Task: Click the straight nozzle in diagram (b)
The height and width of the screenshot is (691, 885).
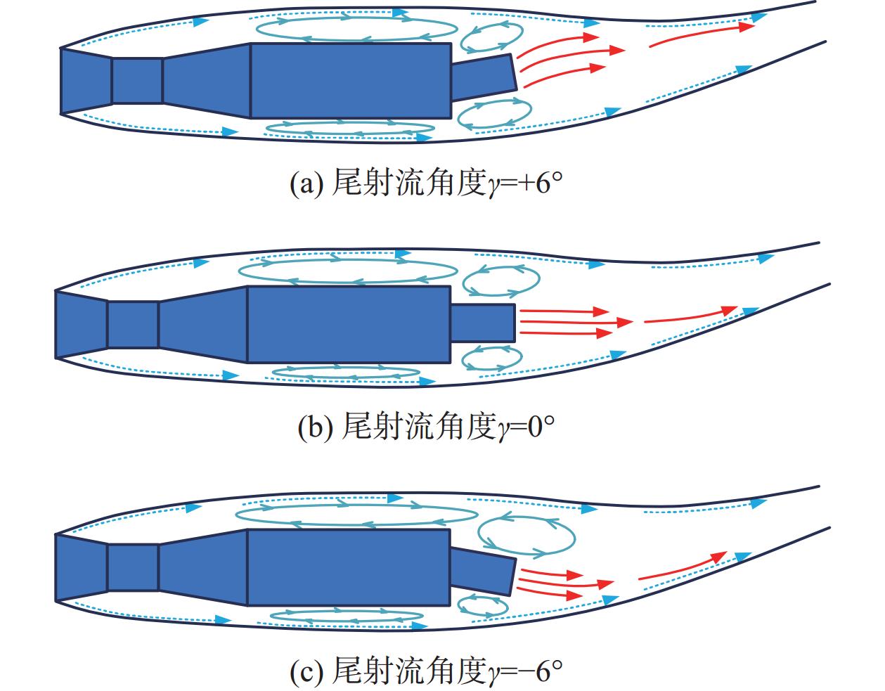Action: [482, 323]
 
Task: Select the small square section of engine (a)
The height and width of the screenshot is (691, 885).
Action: [137, 81]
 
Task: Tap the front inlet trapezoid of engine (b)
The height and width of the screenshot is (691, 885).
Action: [81, 325]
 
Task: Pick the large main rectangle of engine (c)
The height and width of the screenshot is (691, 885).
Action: [349, 567]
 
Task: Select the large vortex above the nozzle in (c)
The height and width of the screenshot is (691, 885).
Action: [525, 534]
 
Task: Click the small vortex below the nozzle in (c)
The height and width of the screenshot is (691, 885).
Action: [482, 605]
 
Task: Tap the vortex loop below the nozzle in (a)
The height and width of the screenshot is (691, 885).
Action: [494, 115]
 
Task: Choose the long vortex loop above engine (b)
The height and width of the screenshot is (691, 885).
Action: [348, 270]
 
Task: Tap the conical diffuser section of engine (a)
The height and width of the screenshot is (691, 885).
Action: [207, 79]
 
